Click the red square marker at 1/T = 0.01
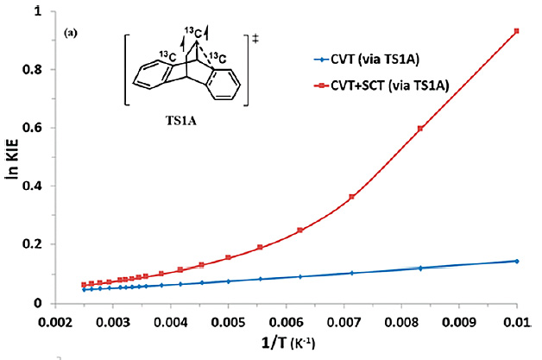click(x=516, y=31)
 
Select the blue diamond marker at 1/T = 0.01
click(x=516, y=261)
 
